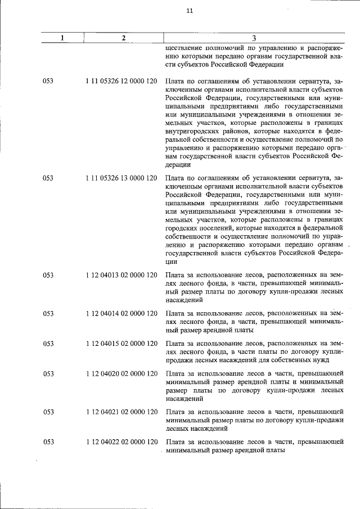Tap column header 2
[x=123, y=38]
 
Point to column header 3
[x=254, y=38]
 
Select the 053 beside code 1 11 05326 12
[x=48, y=82]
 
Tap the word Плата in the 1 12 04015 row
[x=176, y=343]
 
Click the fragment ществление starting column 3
[x=182, y=49]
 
